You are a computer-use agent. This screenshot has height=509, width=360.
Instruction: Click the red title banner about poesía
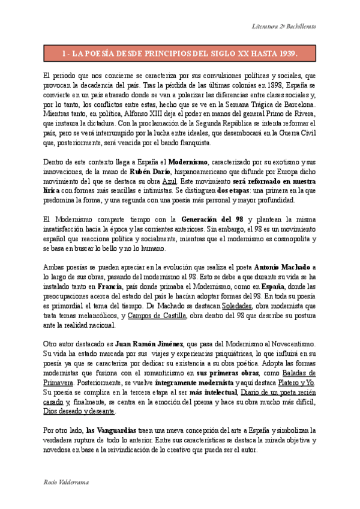[x=180, y=53]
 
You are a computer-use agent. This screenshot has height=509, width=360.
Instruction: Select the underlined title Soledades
[x=236, y=306]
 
